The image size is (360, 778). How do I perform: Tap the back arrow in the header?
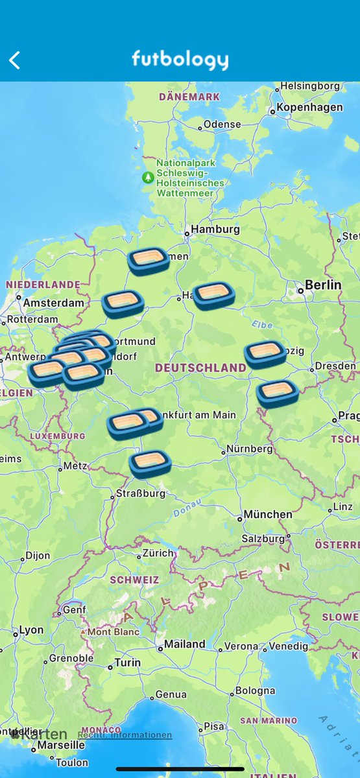pyautogui.click(x=15, y=60)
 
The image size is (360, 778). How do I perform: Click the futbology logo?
pyautogui.click(x=180, y=60)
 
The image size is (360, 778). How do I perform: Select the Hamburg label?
pyautogui.click(x=215, y=230)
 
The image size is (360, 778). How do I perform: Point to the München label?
pyautogui.click(x=268, y=515)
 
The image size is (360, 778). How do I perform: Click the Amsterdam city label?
pyautogui.click(x=53, y=303)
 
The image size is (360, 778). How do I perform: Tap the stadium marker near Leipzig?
pyautogui.click(x=265, y=353)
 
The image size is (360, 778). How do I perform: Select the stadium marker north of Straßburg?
pyautogui.click(x=150, y=464)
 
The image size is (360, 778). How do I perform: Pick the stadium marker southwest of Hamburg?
pyautogui.click(x=149, y=261)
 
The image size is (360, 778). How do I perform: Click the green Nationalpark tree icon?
pyautogui.click(x=149, y=177)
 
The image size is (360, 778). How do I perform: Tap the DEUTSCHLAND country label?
pyautogui.click(x=200, y=368)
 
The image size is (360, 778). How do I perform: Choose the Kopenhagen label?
pyautogui.click(x=309, y=108)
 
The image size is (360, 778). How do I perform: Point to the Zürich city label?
pyautogui.click(x=158, y=554)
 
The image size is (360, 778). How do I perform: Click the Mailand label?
pyautogui.click(x=184, y=644)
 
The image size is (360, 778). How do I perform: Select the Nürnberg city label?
pyautogui.click(x=249, y=449)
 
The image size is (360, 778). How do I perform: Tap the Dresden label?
pyautogui.click(x=335, y=366)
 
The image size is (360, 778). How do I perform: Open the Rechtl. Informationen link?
pyautogui.click(x=125, y=735)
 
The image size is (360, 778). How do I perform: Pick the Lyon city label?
pyautogui.click(x=31, y=630)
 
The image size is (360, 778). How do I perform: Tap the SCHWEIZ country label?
pyautogui.click(x=135, y=580)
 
